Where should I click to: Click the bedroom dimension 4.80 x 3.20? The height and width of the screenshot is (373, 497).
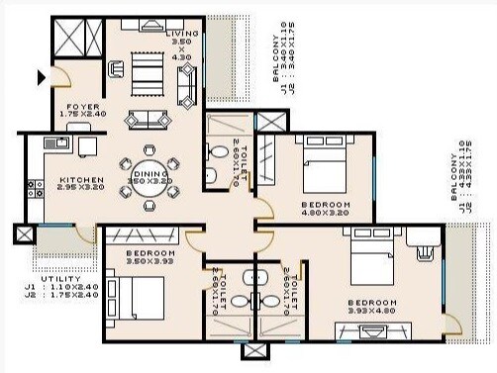click(x=324, y=212)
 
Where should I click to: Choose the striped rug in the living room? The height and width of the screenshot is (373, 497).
click(x=150, y=72)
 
